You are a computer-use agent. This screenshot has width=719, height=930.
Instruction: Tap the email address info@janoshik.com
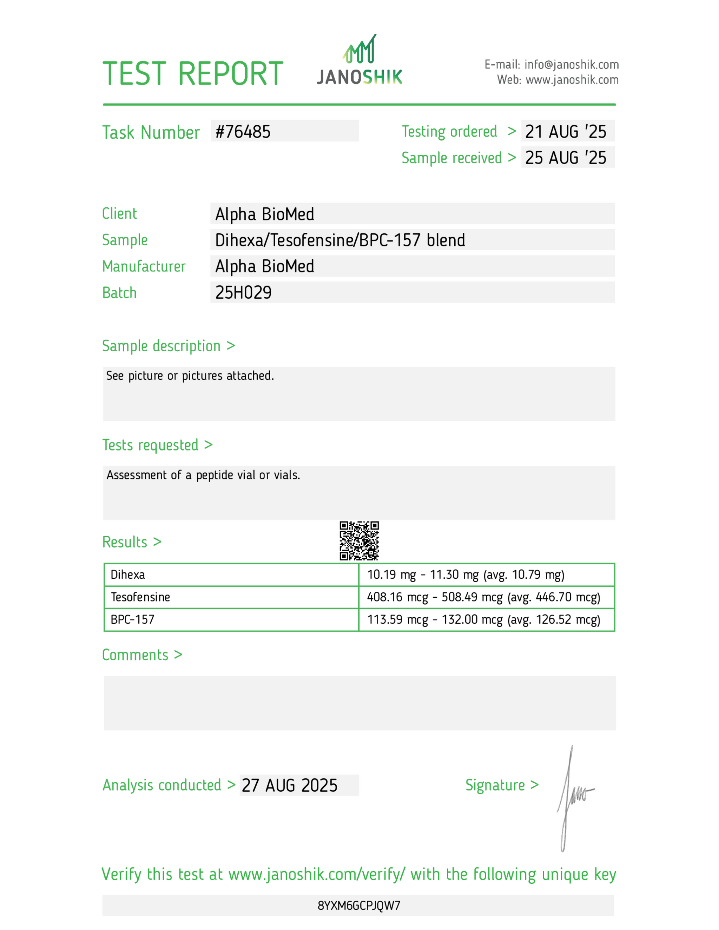click(x=571, y=65)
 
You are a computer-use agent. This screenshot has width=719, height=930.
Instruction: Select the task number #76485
click(x=243, y=132)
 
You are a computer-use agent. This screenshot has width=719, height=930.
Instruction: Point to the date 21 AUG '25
click(x=565, y=132)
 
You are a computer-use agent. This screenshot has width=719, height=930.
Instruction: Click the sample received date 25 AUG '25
click(x=565, y=158)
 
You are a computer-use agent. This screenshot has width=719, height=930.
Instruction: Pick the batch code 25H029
click(x=243, y=293)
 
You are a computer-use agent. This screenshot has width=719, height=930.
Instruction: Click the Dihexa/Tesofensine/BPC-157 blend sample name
click(x=340, y=240)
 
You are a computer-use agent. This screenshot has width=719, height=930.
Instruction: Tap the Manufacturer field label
click(x=144, y=267)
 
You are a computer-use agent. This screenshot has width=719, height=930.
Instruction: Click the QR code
click(x=359, y=540)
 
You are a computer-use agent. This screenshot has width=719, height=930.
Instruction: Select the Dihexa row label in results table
click(x=128, y=575)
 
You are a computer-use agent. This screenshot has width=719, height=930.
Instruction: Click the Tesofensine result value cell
click(x=483, y=597)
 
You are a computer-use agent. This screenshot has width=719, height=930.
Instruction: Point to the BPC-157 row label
click(x=132, y=619)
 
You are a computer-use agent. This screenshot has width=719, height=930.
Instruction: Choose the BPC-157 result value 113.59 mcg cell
click(x=483, y=619)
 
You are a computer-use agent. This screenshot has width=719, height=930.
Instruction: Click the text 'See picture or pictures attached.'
click(x=190, y=376)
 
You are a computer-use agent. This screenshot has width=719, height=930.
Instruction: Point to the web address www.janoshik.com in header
click(x=572, y=80)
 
